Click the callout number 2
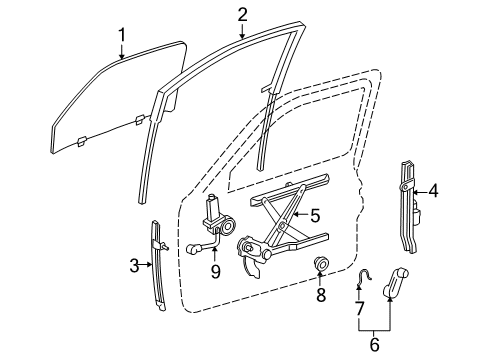[242, 13]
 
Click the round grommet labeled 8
[323, 265]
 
